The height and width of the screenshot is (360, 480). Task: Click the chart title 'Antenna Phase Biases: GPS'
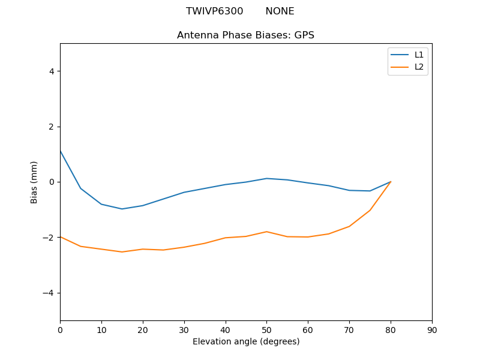[245, 35]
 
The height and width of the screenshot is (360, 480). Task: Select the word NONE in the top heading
[280, 11]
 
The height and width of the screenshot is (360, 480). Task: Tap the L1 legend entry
[419, 55]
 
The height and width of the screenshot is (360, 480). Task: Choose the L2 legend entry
[419, 67]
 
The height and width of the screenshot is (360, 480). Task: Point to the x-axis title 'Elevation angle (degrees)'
[246, 341]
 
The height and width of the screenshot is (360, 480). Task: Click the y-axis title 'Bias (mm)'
[34, 182]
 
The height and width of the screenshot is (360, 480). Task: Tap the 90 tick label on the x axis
[432, 329]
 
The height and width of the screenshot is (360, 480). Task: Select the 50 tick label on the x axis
[266, 329]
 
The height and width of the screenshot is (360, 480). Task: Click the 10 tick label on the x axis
[101, 329]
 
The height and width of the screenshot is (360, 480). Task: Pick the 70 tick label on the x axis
[349, 329]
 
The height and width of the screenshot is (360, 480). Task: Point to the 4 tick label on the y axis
[52, 71]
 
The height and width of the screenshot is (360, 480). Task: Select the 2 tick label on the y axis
[52, 127]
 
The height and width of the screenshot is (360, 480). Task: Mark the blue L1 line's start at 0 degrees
[60, 151]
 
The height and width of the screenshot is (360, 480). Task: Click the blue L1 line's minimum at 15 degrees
[122, 209]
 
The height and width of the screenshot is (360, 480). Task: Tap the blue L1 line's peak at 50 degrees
[266, 178]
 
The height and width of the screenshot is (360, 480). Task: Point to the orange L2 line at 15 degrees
[122, 252]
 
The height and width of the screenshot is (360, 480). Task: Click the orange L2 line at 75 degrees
[370, 211]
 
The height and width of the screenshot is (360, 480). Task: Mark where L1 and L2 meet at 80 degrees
[391, 182]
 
